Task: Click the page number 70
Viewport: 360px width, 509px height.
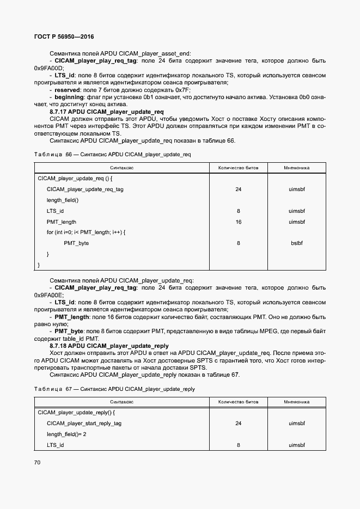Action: (x=37, y=462)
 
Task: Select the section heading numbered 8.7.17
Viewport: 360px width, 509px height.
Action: (x=107, y=112)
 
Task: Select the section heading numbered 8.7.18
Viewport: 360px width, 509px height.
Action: (x=109, y=346)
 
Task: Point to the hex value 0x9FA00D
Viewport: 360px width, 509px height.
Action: (x=48, y=68)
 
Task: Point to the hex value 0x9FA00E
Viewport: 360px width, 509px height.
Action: (x=48, y=295)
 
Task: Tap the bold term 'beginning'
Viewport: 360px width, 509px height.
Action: (x=72, y=97)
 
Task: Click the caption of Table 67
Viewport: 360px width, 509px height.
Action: (x=114, y=389)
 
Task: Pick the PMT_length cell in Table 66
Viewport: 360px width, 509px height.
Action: (x=62, y=222)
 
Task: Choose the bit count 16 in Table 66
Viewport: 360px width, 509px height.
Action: (x=238, y=222)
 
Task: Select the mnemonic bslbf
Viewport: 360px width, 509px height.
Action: (x=296, y=243)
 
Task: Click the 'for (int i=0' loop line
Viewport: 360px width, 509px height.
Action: (x=86, y=232)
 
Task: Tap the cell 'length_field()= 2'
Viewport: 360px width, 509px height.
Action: (x=66, y=434)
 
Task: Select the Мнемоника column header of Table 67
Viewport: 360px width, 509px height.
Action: (x=296, y=402)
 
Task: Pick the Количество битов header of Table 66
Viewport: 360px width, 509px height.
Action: (x=238, y=168)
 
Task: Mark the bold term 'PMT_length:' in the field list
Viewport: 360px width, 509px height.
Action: (x=72, y=316)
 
